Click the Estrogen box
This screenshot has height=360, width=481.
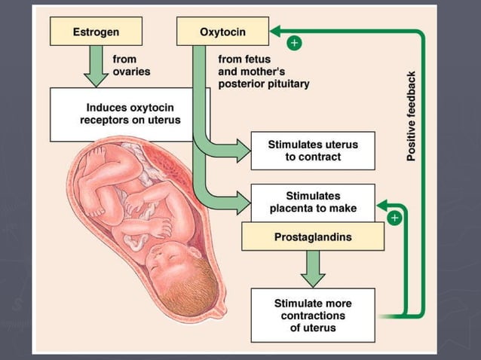tap(95, 32)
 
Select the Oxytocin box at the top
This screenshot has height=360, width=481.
tap(222, 32)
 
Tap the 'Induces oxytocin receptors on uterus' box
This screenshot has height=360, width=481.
tap(130, 114)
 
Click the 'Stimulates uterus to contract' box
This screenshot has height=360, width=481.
tap(313, 151)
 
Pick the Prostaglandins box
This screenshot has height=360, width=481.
tap(312, 237)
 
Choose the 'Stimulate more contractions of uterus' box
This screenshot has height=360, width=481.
tap(312, 316)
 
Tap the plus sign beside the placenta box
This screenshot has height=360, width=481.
tap(394, 218)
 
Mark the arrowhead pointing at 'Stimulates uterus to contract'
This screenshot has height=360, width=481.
tap(242, 151)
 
